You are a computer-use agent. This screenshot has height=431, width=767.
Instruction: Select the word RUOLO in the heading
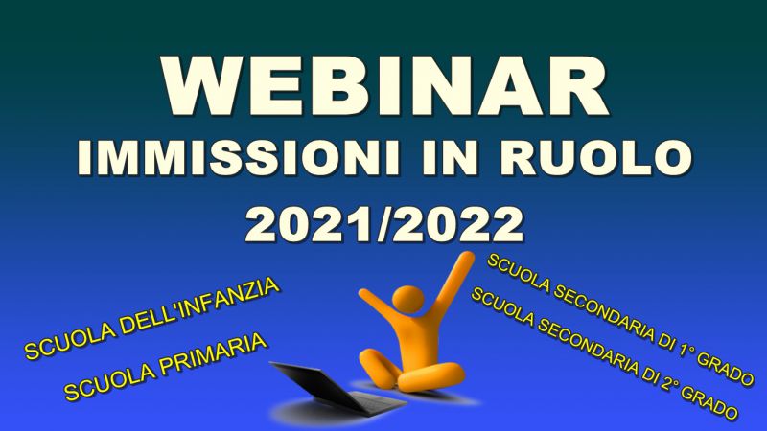[x=595, y=158]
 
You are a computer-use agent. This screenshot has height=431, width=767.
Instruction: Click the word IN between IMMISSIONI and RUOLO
[x=450, y=158]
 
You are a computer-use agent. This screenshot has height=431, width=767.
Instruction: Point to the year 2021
[x=308, y=224]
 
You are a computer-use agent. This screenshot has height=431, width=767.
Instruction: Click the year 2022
[x=460, y=224]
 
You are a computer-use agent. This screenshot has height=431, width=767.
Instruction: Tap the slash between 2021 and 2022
[x=384, y=225]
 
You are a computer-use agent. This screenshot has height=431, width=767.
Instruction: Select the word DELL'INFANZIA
[x=200, y=307]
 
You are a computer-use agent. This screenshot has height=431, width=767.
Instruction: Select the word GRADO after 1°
[x=725, y=369]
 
